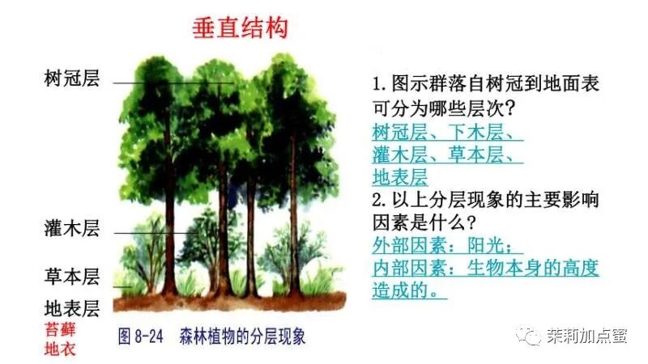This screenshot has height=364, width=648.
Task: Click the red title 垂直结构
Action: click(239, 30)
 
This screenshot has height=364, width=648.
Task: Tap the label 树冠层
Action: click(71, 79)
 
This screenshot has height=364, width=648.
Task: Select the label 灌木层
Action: click(71, 228)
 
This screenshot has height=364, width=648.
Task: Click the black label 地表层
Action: click(71, 308)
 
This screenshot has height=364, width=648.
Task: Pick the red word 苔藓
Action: click(60, 329)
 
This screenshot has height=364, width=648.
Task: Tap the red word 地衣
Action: click(60, 350)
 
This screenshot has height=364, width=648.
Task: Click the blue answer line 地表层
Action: click(399, 176)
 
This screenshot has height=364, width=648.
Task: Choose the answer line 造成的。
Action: click(409, 289)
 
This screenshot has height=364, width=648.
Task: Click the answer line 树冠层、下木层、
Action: click(447, 132)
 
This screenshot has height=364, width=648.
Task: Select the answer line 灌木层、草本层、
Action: click(447, 154)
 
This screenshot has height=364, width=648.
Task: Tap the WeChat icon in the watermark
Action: click(531, 335)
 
